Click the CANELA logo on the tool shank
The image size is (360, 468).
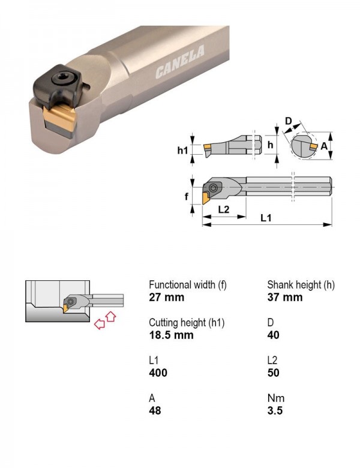[x=180, y=62]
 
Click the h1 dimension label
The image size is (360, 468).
[x=182, y=150]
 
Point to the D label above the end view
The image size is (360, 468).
[x=288, y=121]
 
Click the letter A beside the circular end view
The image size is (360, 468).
[x=324, y=146]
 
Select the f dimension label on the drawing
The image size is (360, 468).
[x=186, y=196]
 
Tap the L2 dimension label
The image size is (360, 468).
[x=224, y=209]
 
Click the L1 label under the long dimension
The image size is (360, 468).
[x=266, y=218]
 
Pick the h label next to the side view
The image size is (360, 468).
[x=270, y=145]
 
